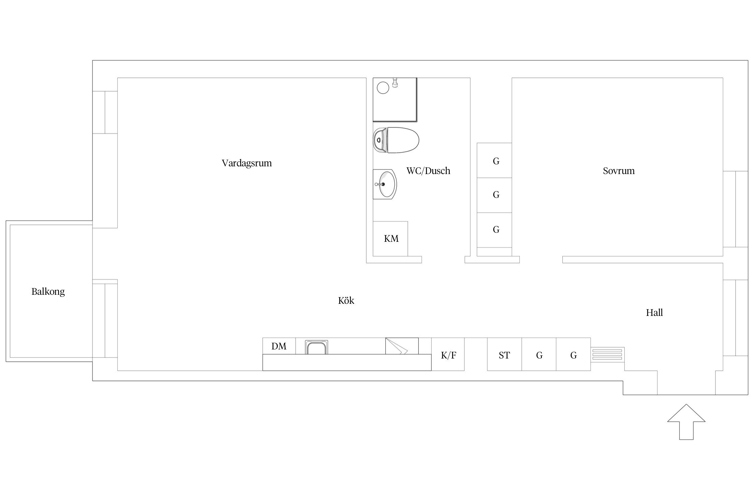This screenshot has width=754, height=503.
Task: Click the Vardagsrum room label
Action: tap(247, 163)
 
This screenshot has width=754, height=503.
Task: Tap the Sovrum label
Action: tap(619, 171)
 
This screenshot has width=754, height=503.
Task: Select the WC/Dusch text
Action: tap(428, 171)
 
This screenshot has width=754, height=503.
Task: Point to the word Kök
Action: tap(346, 300)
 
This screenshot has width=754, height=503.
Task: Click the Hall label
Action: tap(654, 313)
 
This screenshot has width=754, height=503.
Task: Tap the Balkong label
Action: tap(48, 292)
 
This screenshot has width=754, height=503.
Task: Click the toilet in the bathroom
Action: tap(396, 140)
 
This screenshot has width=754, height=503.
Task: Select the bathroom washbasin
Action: tap(385, 184)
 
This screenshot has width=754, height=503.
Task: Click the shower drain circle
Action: tap(383, 88)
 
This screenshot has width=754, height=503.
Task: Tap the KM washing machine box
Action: tap(390, 239)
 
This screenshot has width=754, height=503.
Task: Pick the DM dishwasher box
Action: tap(279, 346)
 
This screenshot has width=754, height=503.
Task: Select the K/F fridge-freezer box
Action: tap(448, 354)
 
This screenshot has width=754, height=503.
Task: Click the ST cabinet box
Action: tap(504, 354)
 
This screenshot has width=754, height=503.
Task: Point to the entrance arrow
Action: tap(686, 422)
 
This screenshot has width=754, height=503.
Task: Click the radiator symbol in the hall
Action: tap(608, 354)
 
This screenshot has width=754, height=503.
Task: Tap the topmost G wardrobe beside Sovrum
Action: tap(494, 160)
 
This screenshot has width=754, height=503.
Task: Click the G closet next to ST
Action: tap(539, 354)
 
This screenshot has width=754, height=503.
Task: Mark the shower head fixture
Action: tap(395, 82)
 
